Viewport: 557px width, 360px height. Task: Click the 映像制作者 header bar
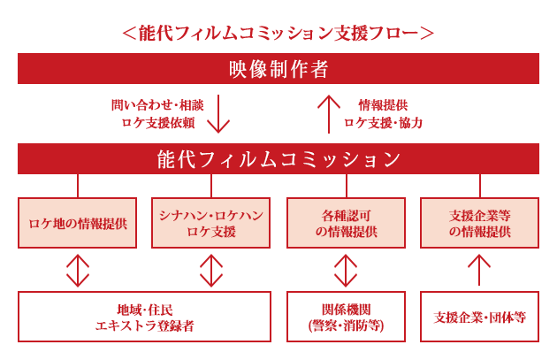click(x=278, y=68)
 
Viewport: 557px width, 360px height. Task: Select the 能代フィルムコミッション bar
click(x=278, y=159)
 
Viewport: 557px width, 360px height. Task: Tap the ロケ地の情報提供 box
click(x=78, y=223)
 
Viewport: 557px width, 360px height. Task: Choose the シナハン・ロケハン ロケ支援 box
click(x=210, y=223)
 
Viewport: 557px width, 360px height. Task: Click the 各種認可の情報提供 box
click(x=346, y=223)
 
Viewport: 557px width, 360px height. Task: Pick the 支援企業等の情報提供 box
click(x=479, y=223)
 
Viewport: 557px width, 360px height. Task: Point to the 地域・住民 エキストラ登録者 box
click(x=144, y=317)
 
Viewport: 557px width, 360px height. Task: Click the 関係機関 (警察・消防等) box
click(x=346, y=317)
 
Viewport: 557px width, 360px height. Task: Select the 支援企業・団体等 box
click(x=479, y=317)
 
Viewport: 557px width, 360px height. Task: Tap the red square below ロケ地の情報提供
click(x=78, y=270)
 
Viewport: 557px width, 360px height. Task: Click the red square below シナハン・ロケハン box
click(x=210, y=270)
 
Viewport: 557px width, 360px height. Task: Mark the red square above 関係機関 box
click(x=346, y=270)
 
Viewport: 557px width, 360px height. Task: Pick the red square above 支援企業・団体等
click(x=479, y=270)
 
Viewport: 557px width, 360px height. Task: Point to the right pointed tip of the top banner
click(x=431, y=34)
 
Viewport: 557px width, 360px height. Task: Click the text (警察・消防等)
click(x=346, y=326)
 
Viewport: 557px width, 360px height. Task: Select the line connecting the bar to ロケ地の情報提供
click(x=78, y=186)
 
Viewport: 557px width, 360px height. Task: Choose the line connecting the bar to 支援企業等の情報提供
click(x=479, y=186)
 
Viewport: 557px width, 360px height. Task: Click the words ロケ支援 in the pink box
click(x=210, y=232)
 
